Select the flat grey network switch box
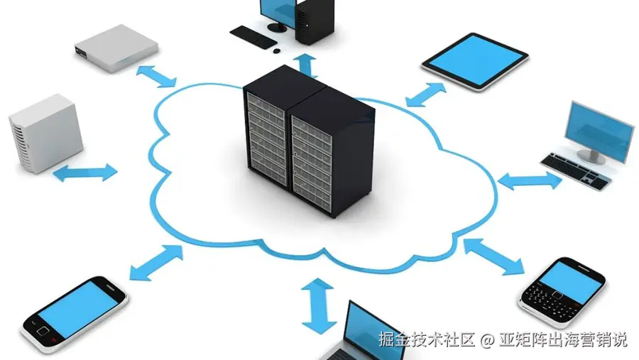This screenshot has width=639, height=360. coord(116,48)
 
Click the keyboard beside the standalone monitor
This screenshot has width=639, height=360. coord(575,171)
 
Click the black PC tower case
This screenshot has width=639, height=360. coord(315,21)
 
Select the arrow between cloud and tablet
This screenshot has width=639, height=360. coord(427,94)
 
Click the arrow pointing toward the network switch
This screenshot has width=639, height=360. coord(158,75)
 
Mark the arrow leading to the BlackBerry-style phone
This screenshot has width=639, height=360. coord(493,256)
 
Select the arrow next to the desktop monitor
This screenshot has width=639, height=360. coord(530,181)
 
